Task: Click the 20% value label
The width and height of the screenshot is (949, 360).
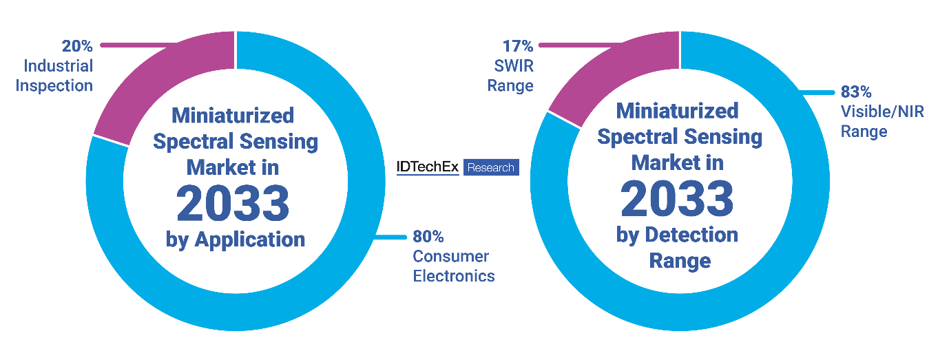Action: tap(76, 46)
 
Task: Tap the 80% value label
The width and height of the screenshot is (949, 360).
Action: tap(428, 237)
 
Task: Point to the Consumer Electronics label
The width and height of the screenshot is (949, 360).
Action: tap(453, 266)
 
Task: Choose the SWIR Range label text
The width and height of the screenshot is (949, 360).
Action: tap(510, 76)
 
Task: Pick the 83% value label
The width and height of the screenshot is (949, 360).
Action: tap(856, 92)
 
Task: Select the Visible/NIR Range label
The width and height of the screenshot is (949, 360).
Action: tap(882, 121)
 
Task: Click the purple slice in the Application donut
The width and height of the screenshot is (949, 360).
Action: tap(165, 83)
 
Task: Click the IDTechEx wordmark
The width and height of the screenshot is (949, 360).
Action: tap(428, 167)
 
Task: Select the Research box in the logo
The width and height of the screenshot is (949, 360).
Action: tap(491, 167)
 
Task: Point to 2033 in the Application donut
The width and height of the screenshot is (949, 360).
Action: tap(233, 203)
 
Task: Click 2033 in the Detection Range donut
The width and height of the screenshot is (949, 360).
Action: tap(678, 200)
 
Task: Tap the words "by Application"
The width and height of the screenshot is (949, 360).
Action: tap(235, 240)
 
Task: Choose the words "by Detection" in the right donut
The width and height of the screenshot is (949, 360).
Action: tap(677, 235)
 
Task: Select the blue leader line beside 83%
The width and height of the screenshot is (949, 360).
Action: tap(816, 91)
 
